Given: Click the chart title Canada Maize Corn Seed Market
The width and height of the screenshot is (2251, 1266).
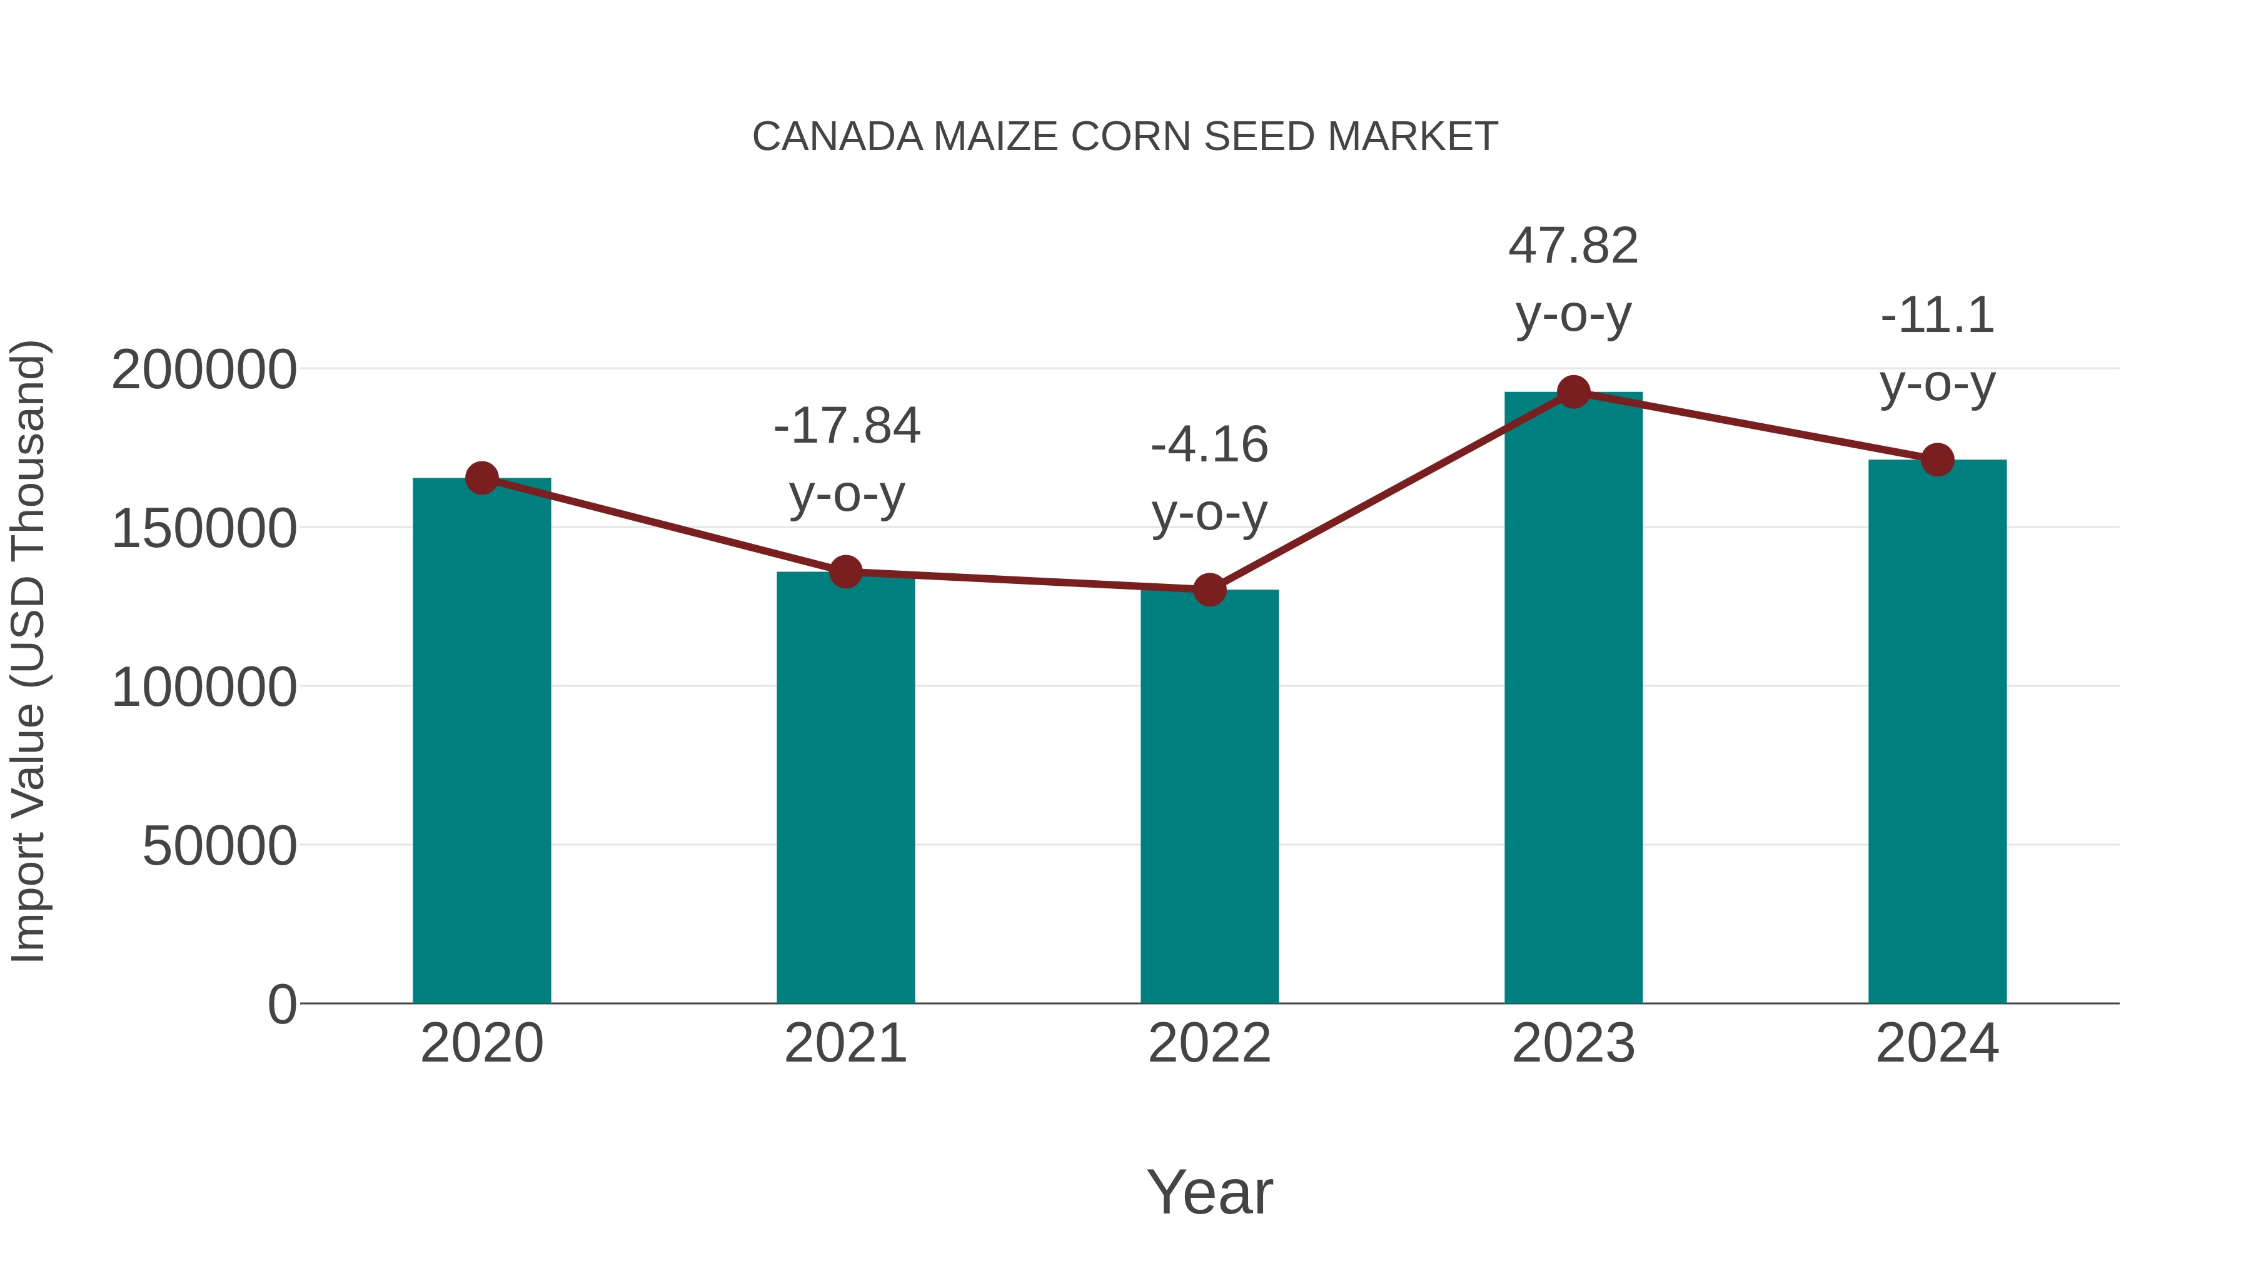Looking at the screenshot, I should point(1125,137).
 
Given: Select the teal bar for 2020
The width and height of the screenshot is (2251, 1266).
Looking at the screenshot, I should point(481,743).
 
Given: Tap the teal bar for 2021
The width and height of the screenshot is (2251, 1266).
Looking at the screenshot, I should point(845,786).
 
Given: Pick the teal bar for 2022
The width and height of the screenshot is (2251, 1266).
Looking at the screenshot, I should point(1209,795).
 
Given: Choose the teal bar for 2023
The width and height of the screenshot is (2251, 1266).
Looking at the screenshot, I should point(1573,699).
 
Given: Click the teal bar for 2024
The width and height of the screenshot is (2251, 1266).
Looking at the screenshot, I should point(1937,734).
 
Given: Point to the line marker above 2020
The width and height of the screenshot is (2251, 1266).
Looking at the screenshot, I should point(481,478).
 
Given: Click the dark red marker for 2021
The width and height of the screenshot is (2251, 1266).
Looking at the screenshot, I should point(845,572).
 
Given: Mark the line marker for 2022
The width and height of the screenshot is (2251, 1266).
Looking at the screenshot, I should point(1209,590).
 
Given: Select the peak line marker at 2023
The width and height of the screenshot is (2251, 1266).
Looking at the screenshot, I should point(1573,392).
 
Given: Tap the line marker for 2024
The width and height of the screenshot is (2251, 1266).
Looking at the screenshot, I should point(1937,460).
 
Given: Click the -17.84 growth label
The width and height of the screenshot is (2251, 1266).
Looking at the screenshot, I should point(847,426).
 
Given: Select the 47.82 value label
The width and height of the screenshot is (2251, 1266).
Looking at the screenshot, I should point(1573,246).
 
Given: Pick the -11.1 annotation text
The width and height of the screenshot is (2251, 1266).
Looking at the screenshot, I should point(1937,316).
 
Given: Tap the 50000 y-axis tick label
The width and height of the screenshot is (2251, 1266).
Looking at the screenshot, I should point(219,846).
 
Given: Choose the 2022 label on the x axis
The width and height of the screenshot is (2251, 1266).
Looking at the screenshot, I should point(1209,1043).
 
